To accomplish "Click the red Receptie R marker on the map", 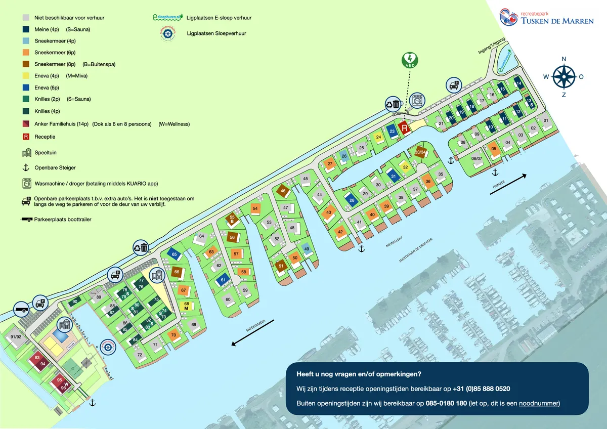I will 404,128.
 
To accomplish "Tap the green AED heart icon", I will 410,60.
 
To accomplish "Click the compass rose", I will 563,76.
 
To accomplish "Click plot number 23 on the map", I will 393,131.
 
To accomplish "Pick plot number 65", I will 175,254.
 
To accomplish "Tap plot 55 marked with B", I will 232,219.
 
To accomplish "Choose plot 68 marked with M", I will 186,306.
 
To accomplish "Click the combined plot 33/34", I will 420,151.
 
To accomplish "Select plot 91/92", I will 16,337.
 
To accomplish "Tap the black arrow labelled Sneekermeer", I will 253,332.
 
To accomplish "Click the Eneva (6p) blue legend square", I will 26,88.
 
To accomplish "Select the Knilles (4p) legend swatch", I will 26,111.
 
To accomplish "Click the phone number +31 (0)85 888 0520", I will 481,389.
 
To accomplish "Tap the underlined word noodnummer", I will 542,403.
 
